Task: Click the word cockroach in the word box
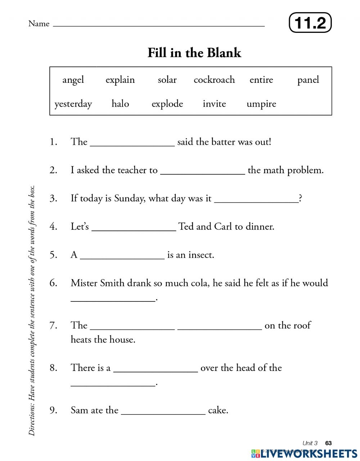[214, 80]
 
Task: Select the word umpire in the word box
[261, 104]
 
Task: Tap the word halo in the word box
[120, 104]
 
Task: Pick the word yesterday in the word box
[73, 104]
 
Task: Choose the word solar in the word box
[167, 80]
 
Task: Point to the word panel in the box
[308, 80]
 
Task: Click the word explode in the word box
[167, 104]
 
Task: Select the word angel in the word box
[73, 80]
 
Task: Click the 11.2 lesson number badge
[310, 23]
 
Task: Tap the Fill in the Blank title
[194, 53]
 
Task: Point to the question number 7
[53, 325]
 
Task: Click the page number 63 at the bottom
[328, 443]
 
